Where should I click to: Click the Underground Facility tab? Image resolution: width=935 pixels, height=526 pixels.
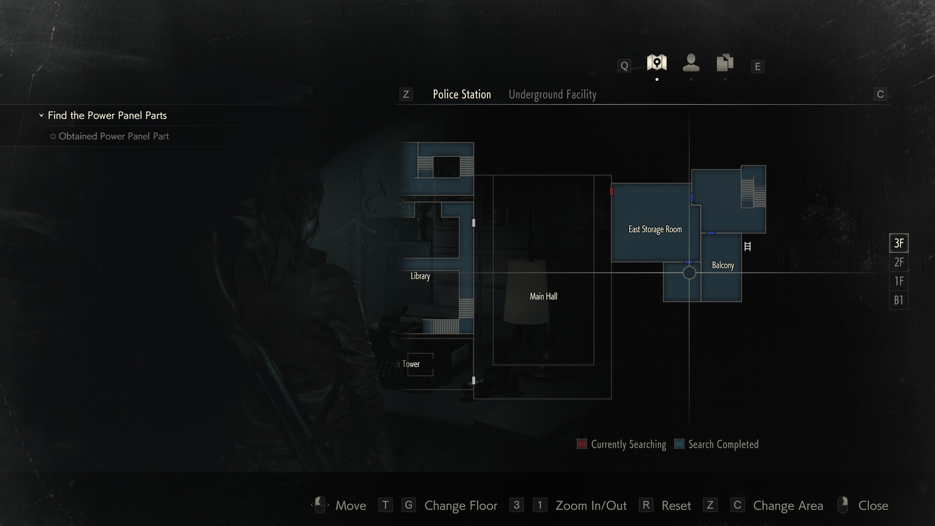(552, 95)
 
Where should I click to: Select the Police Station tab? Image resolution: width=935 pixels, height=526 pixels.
(462, 95)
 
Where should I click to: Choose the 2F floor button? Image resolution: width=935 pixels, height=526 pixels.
(898, 262)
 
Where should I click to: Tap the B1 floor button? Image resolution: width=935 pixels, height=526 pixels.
(898, 300)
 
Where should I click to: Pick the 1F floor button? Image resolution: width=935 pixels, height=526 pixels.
(898, 281)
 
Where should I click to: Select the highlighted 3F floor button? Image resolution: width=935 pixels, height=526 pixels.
(898, 243)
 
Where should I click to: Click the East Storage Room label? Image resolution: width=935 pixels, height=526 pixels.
(655, 229)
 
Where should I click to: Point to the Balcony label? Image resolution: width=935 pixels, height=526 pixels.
(723, 265)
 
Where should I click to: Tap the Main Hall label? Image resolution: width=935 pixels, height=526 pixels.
(543, 296)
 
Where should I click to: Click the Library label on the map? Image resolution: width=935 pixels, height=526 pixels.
(420, 276)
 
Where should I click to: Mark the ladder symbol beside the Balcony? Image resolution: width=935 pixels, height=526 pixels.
(747, 247)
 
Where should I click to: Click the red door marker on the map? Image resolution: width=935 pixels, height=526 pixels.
(611, 191)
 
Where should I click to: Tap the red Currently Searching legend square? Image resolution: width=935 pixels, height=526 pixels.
(581, 444)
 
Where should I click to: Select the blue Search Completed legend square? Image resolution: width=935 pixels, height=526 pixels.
(679, 444)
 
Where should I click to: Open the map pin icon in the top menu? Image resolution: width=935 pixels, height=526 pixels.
(657, 63)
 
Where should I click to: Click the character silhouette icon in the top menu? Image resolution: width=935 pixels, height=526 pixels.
(691, 63)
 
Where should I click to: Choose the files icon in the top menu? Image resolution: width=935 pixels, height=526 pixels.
(725, 63)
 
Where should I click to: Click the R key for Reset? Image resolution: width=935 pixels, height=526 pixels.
(646, 505)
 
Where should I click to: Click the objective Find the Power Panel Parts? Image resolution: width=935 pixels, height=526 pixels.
(107, 115)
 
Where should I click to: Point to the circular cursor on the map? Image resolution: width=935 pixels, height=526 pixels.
(689, 273)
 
